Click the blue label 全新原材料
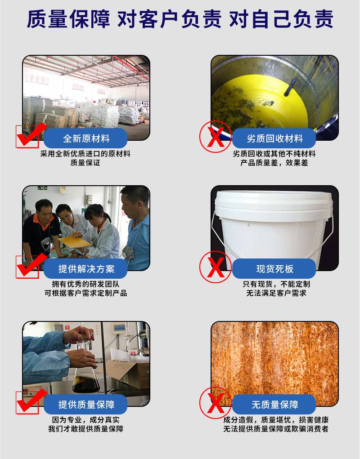point(85,138)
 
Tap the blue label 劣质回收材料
point(274,138)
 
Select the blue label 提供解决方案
point(85,268)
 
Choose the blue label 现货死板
point(274,268)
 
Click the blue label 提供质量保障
point(85,404)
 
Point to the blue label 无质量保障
point(274,404)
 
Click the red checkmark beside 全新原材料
point(31,135)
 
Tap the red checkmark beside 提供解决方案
point(31,266)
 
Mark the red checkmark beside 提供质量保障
point(31,401)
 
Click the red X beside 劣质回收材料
point(216,137)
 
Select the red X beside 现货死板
point(216,267)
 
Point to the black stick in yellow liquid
point(290,88)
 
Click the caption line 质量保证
point(85,163)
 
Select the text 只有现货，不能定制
point(276,284)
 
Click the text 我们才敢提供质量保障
point(85,429)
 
